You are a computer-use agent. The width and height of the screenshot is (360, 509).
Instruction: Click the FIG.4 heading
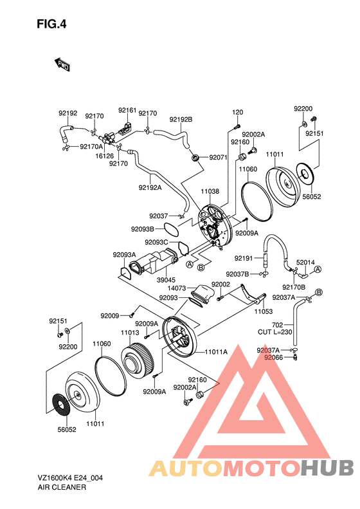coord(51,24)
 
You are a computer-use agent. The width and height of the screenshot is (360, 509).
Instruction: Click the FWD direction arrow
coord(62,64)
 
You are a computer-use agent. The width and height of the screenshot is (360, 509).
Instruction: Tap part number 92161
coord(127,111)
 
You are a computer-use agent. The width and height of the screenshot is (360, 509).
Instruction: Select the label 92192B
coord(181,120)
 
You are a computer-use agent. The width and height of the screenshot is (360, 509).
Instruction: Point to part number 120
coord(237,113)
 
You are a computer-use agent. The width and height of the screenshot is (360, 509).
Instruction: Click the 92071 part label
coord(219,158)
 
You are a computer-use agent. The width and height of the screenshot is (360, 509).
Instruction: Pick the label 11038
coord(210,191)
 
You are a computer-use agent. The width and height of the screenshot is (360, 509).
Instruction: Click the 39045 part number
coord(166,280)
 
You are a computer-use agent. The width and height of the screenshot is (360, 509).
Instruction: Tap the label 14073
coord(177,288)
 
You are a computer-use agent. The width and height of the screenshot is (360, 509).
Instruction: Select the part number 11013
coord(130,333)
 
